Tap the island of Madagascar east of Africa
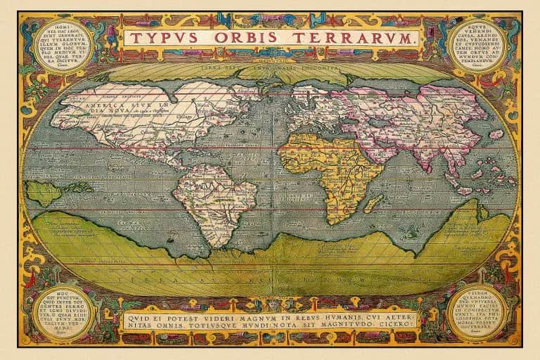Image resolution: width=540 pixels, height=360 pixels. [373, 203]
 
